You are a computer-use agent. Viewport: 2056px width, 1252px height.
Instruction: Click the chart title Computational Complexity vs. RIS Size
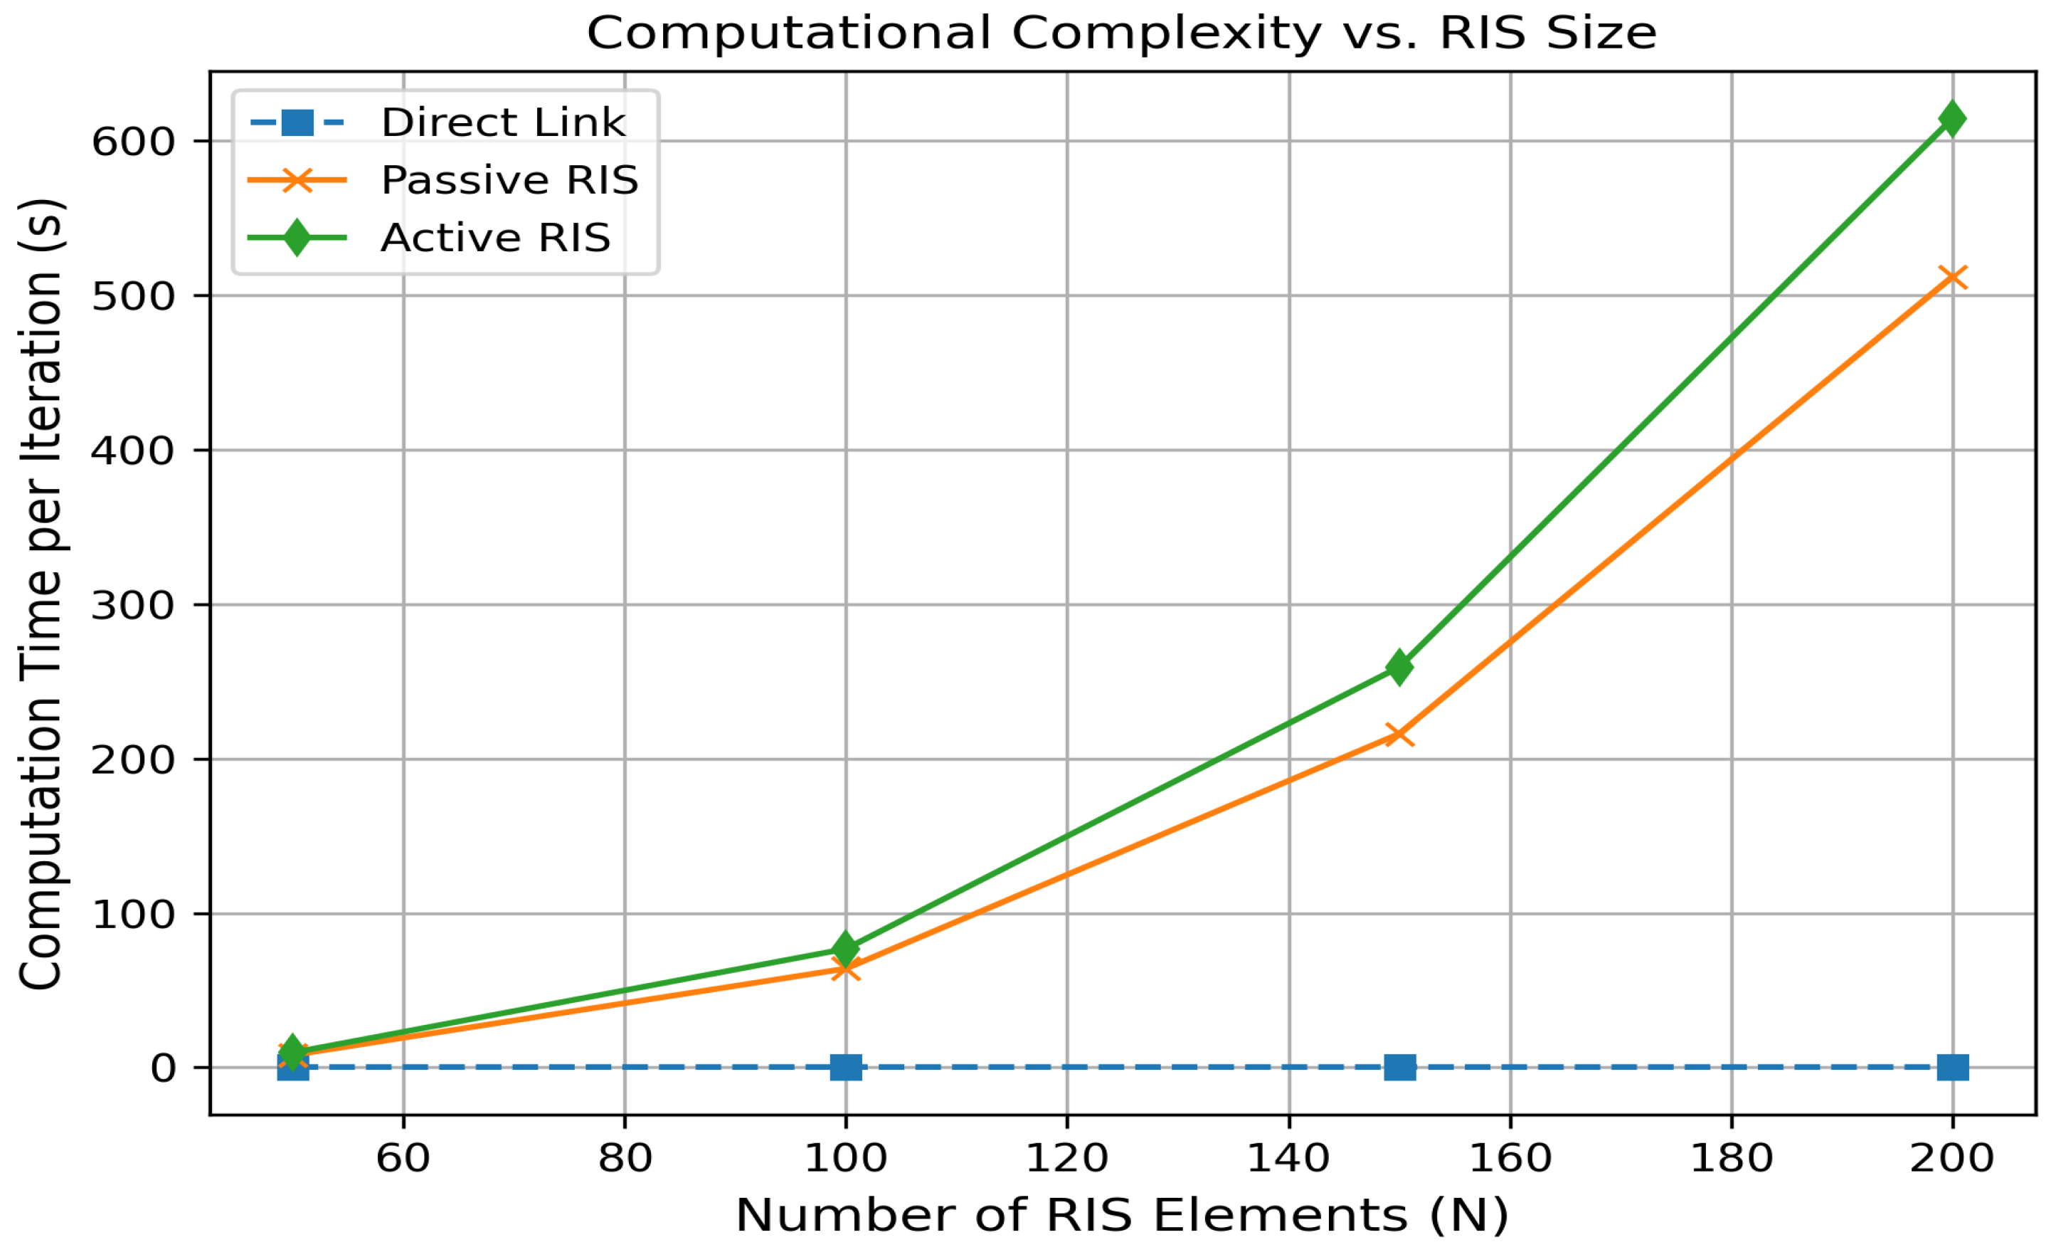(1121, 33)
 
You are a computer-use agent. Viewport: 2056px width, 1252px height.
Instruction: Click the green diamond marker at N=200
(1951, 120)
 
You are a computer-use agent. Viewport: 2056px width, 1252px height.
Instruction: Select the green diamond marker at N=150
(1399, 668)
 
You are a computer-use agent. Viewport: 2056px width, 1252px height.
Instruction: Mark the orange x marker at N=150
(1399, 735)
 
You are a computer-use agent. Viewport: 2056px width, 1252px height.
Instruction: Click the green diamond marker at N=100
(845, 949)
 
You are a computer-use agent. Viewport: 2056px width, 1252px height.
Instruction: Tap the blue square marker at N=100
(845, 1068)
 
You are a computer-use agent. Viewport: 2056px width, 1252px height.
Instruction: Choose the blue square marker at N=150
(1399, 1068)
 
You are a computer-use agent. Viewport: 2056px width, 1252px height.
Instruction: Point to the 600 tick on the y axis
(134, 141)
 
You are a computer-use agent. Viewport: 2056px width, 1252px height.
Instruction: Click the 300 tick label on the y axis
(134, 605)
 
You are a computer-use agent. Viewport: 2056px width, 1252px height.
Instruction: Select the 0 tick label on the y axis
(164, 1068)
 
